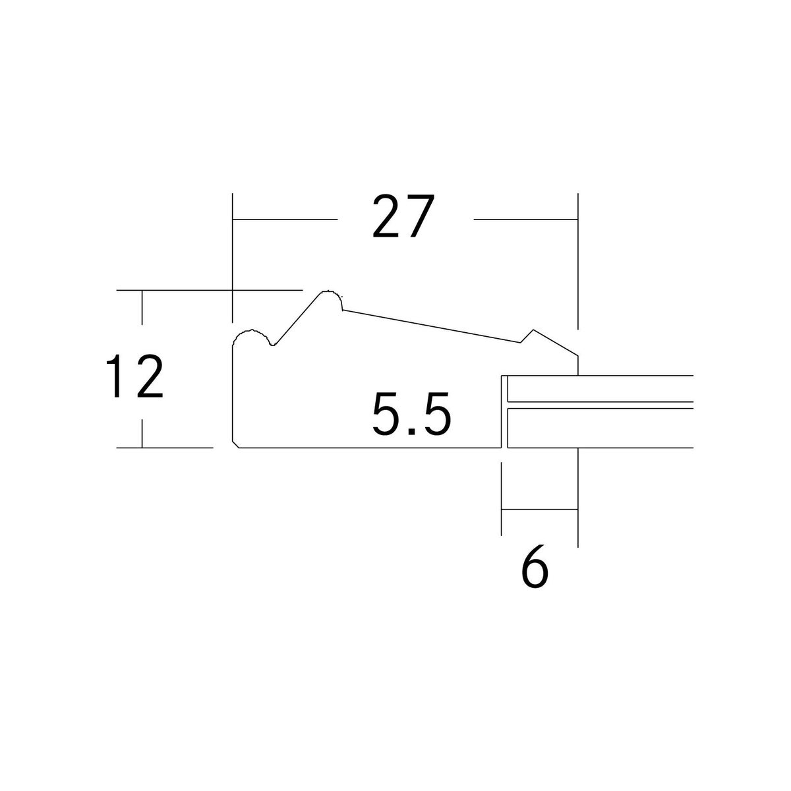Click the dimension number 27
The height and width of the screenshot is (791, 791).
coord(403,216)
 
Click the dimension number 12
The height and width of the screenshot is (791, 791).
coord(134,376)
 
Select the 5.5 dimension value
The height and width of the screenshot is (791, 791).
coord(411,413)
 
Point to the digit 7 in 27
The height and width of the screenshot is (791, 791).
coord(419,216)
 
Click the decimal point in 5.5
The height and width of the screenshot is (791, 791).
coord(412,431)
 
